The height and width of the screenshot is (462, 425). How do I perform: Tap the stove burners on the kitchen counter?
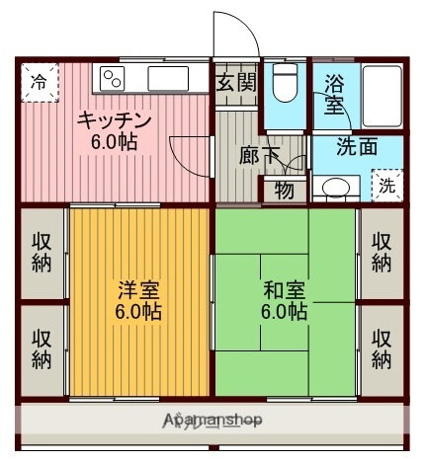click(110, 78)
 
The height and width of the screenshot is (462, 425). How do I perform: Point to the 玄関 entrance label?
click(236, 82)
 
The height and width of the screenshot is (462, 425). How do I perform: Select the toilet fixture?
click(286, 86)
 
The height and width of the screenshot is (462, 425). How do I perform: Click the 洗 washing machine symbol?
click(386, 185)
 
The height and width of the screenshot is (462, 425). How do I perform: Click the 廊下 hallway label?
click(259, 154)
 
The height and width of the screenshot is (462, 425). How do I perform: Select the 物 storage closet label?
click(284, 191)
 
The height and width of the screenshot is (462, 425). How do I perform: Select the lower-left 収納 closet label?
click(42, 347)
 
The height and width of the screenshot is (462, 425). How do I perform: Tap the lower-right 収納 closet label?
click(382, 347)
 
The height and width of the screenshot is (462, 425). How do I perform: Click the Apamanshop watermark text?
click(212, 421)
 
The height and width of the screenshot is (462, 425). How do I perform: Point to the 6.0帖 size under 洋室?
click(138, 312)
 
